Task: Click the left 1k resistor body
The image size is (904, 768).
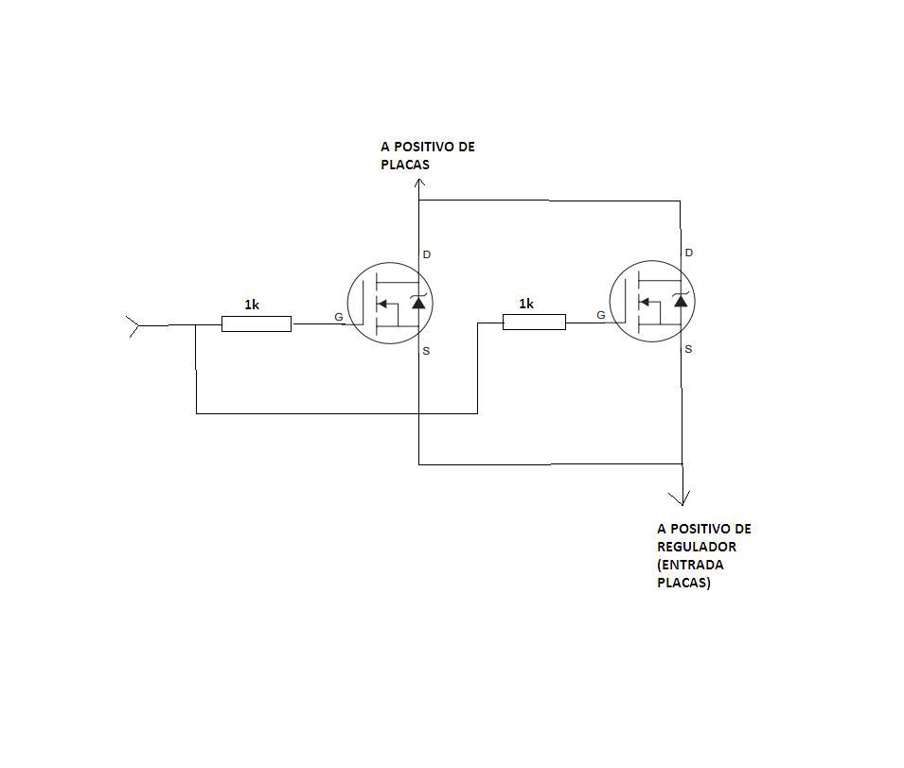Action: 257,323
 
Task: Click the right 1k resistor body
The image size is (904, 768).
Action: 535,323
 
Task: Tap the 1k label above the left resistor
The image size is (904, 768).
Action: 252,305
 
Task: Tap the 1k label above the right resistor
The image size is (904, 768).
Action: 526,304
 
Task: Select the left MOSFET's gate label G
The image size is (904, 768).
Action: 339,317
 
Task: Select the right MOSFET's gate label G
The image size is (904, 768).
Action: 601,315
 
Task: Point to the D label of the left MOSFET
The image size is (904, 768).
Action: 427,254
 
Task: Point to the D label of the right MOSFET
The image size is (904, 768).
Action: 688,253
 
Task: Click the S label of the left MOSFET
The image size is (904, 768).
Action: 426,351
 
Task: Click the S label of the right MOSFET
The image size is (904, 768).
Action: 688,349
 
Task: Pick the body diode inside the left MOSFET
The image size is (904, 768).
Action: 418,302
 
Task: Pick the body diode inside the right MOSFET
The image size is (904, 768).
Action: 681,300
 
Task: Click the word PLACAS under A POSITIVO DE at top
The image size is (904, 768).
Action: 405,165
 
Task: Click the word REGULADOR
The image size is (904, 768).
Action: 697,547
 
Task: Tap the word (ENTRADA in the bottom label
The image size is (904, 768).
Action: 690,565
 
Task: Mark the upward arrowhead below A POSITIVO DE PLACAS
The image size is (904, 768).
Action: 419,183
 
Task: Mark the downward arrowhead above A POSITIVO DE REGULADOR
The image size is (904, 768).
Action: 682,499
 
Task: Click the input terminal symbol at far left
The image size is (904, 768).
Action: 133,326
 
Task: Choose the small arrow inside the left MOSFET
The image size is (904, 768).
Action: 381,304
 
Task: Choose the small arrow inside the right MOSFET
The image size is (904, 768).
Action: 644,302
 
